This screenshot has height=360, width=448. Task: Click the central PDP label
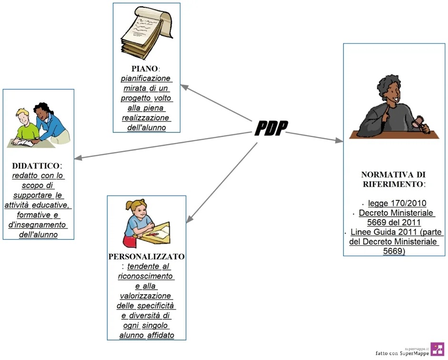pyautogui.click(x=271, y=128)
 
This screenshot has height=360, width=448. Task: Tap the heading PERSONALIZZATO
pyautogui.click(x=147, y=257)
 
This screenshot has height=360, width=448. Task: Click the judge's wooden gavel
pyautogui.click(x=418, y=121)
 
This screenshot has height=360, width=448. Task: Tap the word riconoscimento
pyautogui.click(x=147, y=276)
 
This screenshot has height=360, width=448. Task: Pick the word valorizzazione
pyautogui.click(x=146, y=296)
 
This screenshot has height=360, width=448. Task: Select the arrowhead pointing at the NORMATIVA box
pyautogui.click(x=339, y=140)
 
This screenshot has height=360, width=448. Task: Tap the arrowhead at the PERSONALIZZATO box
pyautogui.click(x=189, y=219)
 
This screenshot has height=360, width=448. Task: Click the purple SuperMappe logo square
pyautogui.click(x=437, y=349)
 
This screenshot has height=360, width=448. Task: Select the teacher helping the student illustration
pyautogui.click(x=38, y=125)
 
